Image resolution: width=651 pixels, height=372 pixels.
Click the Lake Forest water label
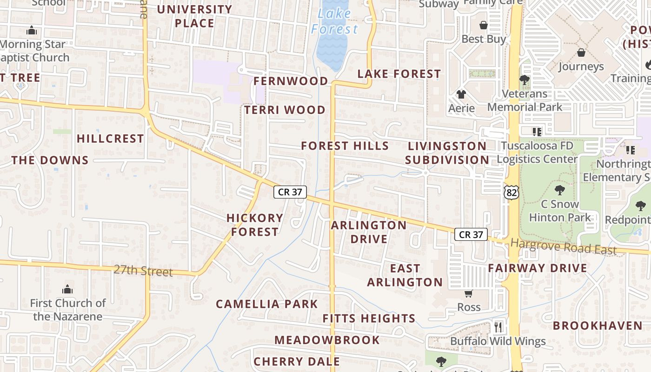point(334,21)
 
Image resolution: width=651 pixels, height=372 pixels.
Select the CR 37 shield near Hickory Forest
point(290,192)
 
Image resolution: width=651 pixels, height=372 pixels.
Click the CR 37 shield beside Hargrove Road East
point(471,234)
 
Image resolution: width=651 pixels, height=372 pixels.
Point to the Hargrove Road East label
point(564,246)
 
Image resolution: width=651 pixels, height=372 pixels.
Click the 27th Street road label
point(143,270)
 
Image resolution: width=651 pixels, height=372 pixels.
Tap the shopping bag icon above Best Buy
point(484,25)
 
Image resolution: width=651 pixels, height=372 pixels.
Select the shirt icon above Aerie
point(461,94)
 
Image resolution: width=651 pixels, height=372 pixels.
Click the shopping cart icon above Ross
point(468,293)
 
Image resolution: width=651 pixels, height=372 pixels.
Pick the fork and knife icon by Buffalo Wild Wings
point(498,327)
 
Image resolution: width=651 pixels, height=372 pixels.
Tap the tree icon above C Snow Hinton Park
point(560,190)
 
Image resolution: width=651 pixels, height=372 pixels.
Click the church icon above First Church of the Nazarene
point(67,289)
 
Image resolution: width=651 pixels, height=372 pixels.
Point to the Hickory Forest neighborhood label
point(255,225)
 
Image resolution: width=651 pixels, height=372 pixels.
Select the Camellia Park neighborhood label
point(267,304)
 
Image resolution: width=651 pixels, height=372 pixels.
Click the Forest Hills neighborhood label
point(345,146)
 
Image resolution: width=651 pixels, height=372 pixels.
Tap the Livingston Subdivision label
point(447,153)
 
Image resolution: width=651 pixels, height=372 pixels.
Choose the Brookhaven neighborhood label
point(597,325)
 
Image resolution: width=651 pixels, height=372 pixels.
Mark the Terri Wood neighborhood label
point(285,110)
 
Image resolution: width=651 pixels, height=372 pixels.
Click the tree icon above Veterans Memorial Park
point(525,80)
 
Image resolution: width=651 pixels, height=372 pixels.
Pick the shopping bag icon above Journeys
point(581,53)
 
